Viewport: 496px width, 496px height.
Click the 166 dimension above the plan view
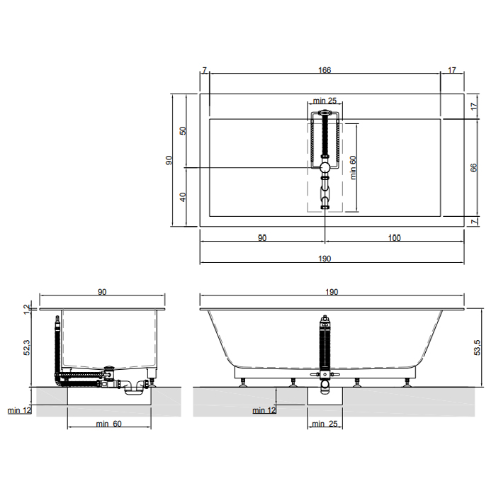[x=325, y=70]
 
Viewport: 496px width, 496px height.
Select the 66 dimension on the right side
[x=473, y=167]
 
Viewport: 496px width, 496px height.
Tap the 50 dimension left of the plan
[x=183, y=130]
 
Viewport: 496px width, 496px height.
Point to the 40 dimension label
[x=183, y=197]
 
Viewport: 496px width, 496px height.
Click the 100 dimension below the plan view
[x=394, y=237]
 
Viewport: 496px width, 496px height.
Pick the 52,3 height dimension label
[x=27, y=347]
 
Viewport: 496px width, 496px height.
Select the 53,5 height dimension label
[x=477, y=347]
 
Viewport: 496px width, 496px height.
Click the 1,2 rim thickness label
[x=27, y=309]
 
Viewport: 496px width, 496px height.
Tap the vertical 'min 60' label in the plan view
[x=353, y=168]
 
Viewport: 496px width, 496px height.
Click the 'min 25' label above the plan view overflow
[x=325, y=101]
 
